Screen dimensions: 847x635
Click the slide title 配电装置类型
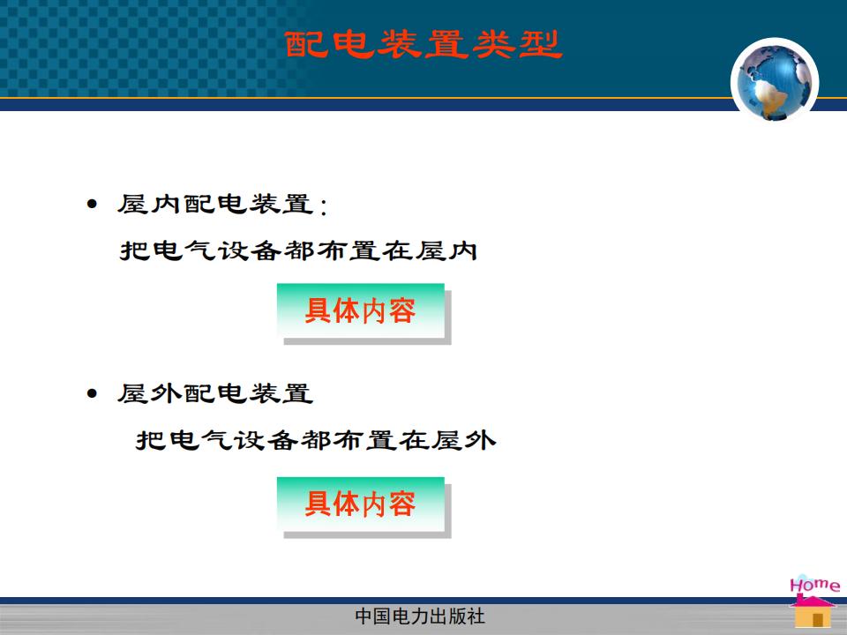423,44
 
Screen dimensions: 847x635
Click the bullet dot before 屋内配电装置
93,204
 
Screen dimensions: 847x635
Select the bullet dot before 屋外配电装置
93,393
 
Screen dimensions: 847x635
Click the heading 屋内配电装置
215,204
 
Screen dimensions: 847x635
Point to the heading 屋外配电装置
215,393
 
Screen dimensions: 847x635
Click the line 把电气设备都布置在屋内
298,251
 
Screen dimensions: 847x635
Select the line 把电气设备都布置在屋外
316,440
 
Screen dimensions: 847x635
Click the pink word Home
814,585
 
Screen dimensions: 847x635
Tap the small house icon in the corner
813,611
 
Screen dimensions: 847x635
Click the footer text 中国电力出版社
420,616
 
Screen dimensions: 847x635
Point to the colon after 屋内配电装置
324,206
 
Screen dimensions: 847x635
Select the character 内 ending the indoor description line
461,251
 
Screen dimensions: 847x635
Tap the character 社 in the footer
476,616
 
